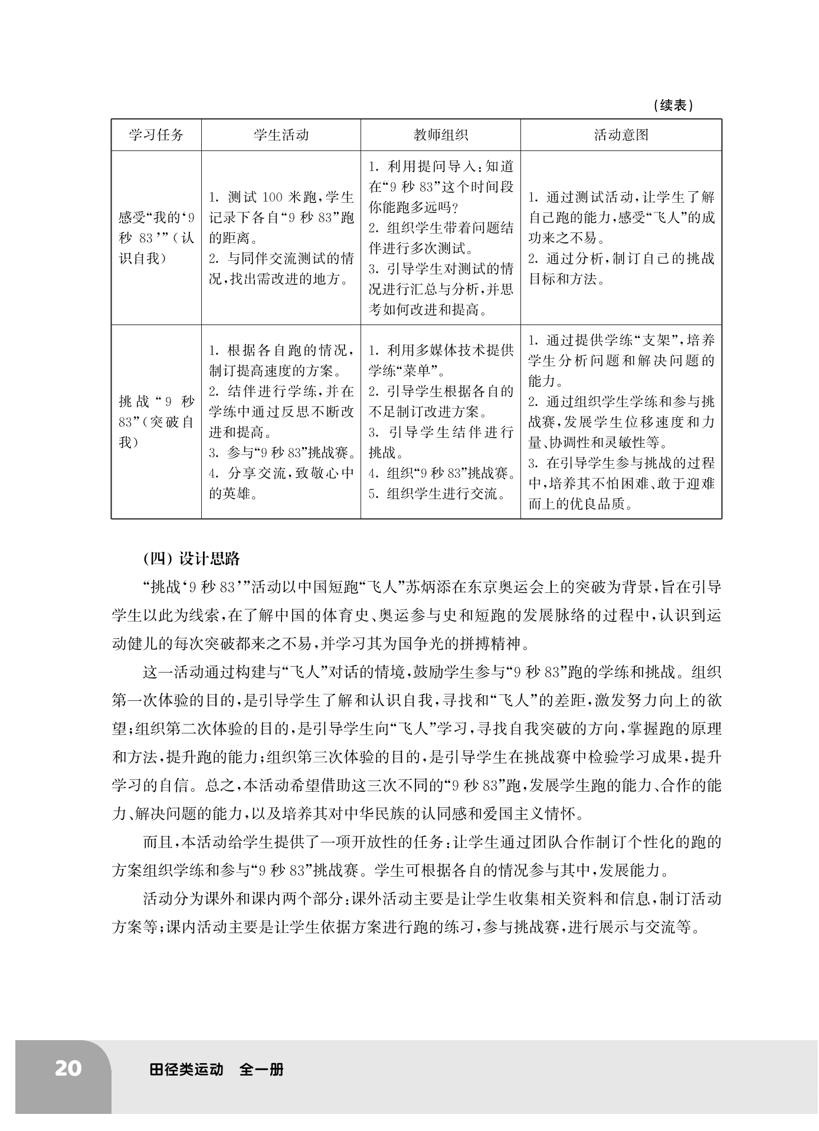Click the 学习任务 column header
[x=156, y=135]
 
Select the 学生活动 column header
[x=281, y=135]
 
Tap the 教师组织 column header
[x=440, y=135]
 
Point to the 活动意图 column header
[x=621, y=135]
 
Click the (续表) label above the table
[x=673, y=106]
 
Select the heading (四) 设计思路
[x=192, y=559]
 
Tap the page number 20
[x=68, y=1068]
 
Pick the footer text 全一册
[x=261, y=1069]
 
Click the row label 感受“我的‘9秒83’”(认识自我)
[x=156, y=238]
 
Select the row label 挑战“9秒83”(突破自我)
[x=156, y=422]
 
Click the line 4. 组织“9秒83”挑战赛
[x=441, y=473]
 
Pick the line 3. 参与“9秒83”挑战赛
[x=282, y=453]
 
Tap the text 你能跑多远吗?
[x=414, y=208]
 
